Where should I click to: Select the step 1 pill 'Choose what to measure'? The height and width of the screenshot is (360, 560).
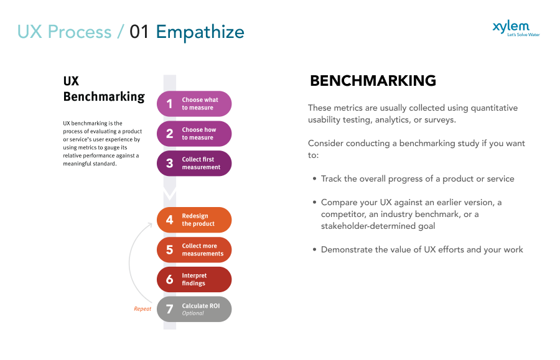[194, 104]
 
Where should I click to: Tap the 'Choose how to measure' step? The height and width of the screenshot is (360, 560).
[194, 134]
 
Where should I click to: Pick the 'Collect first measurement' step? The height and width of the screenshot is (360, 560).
[194, 164]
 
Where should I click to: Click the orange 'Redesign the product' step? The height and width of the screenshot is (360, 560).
[194, 220]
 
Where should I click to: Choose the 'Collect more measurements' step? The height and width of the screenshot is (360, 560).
[194, 250]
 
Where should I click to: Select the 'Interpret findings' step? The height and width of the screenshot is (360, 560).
[194, 280]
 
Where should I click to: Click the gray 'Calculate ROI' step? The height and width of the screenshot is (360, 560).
[194, 309]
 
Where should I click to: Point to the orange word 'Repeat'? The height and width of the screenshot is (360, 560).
[142, 309]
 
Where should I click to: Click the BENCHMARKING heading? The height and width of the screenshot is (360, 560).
[373, 81]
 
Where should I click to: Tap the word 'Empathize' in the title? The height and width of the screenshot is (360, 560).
[200, 32]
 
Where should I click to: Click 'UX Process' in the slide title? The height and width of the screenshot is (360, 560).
[64, 32]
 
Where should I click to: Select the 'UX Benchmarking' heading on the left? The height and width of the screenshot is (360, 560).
[103, 89]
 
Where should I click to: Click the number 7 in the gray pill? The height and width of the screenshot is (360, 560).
[169, 309]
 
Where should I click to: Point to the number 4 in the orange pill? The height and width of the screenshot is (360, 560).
[169, 220]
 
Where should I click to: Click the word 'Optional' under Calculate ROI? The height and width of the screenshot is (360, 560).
[193, 313]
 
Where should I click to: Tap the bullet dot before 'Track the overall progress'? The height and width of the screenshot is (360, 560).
[314, 179]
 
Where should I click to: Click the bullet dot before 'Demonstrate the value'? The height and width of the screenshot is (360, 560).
[314, 250]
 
